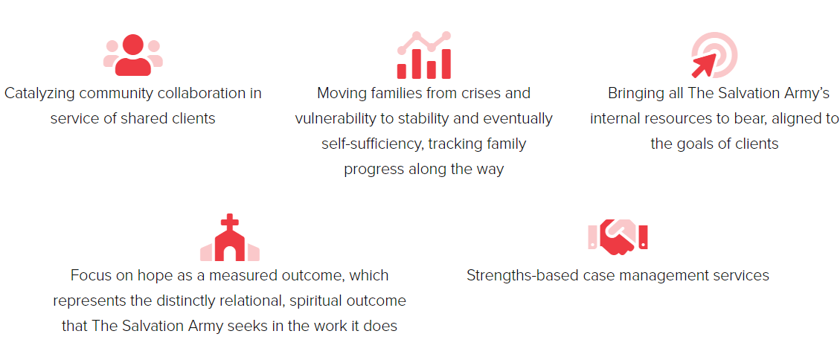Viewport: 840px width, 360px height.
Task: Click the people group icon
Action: pos(133,55)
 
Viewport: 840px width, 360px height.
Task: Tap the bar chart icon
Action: pos(424,55)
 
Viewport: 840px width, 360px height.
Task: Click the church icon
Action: pos(230,237)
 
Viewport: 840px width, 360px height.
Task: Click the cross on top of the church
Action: pos(230,222)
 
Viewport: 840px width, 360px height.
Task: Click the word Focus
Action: pos(89,275)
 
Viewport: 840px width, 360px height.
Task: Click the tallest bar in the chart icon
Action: pos(446,64)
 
